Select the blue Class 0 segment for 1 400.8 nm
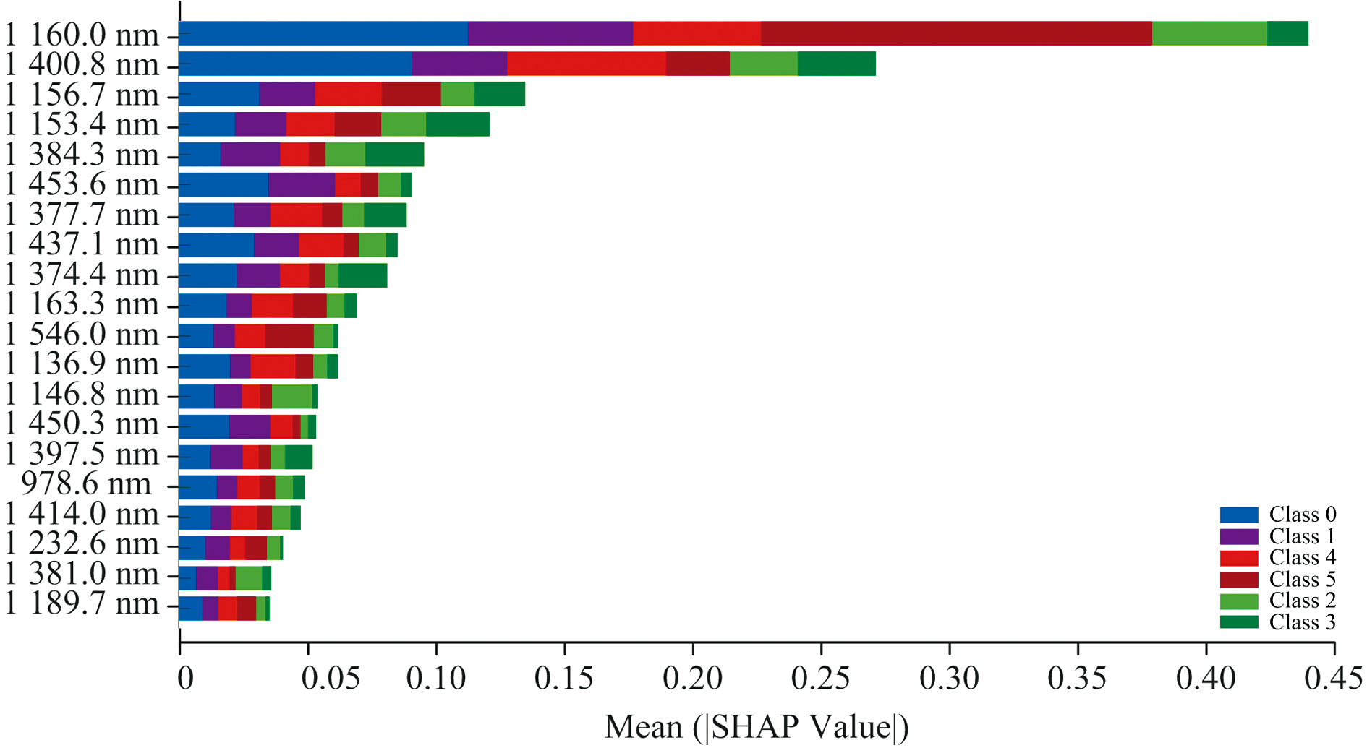click(x=295, y=64)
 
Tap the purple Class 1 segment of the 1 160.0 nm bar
click(x=550, y=34)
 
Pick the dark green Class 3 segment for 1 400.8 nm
click(x=836, y=64)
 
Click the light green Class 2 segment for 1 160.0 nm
click(x=1209, y=34)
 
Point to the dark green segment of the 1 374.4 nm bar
click(x=362, y=275)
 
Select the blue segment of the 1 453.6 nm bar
click(x=223, y=185)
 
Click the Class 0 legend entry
click(x=1277, y=515)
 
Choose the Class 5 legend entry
click(x=1277, y=580)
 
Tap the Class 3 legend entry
click(x=1277, y=622)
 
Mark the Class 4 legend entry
click(x=1277, y=558)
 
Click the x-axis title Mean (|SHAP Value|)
click(x=757, y=727)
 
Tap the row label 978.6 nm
click(x=87, y=484)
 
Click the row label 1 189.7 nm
click(x=81, y=604)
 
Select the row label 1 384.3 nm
click(x=81, y=155)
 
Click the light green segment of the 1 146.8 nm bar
click(x=291, y=396)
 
